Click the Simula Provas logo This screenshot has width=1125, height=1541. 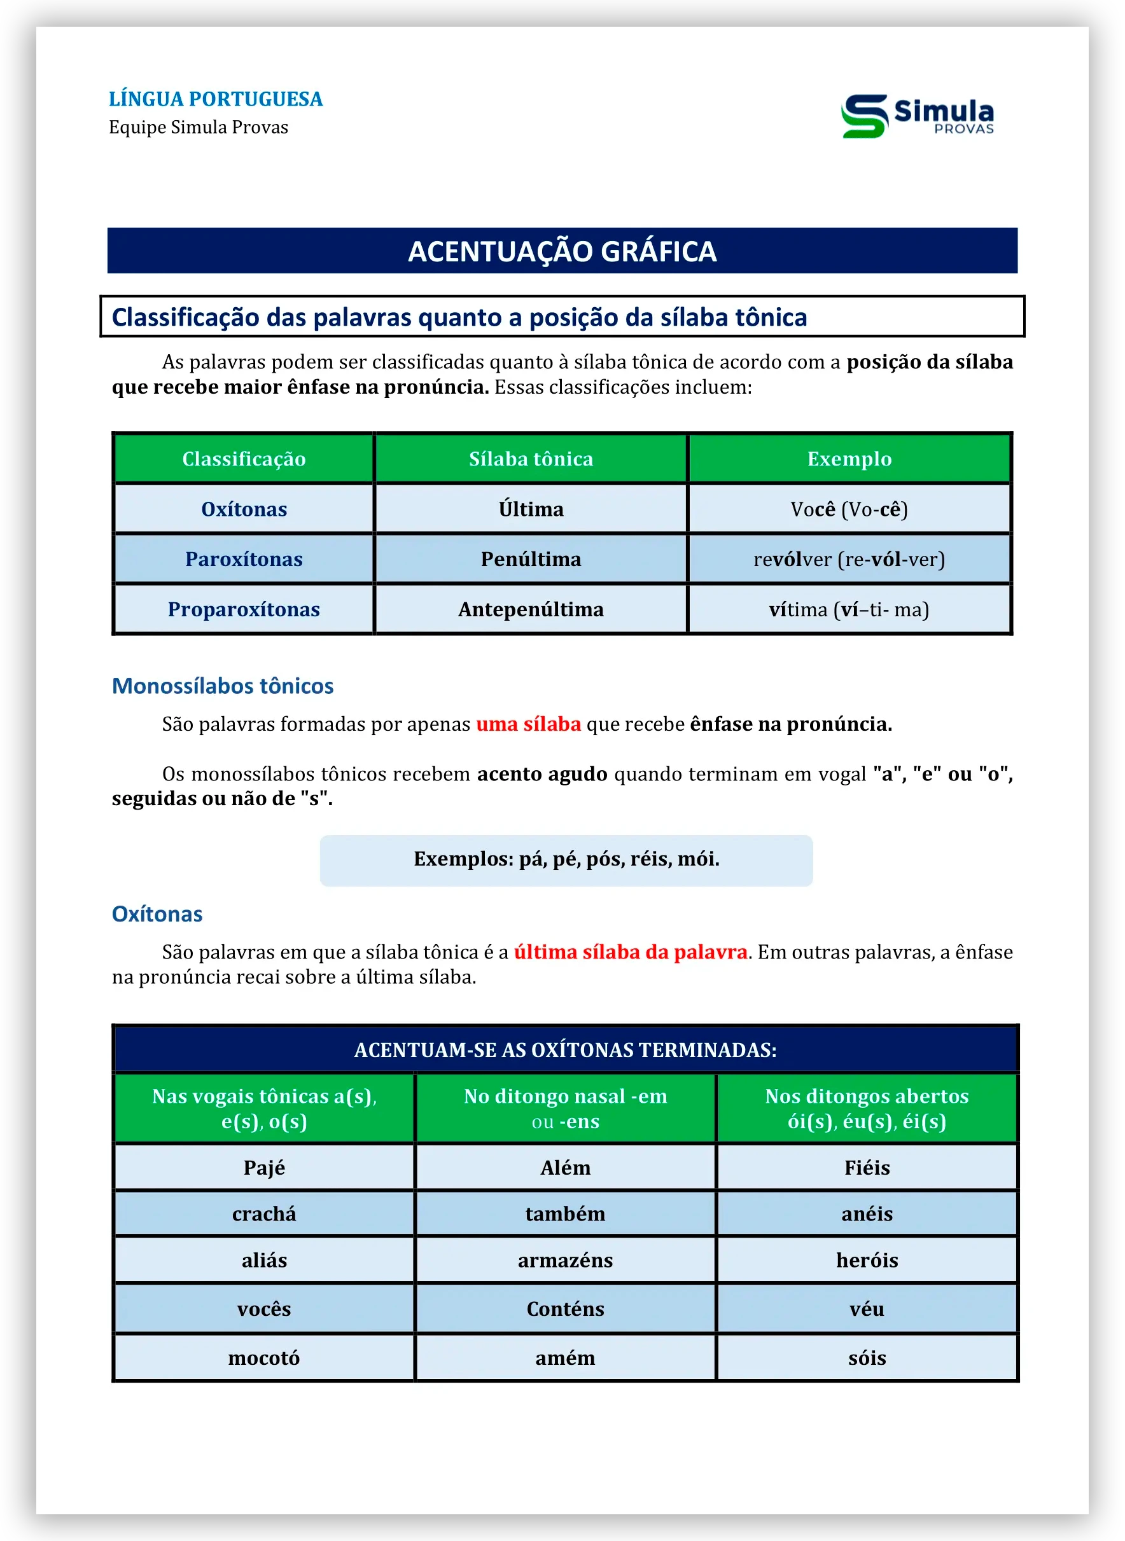(x=918, y=116)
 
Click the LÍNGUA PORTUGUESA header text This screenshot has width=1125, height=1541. (x=215, y=99)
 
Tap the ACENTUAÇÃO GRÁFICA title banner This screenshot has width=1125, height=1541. (x=562, y=251)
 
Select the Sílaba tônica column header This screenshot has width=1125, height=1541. (x=531, y=459)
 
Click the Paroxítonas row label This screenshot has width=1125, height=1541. (x=244, y=559)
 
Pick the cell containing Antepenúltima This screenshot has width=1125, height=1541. (x=531, y=609)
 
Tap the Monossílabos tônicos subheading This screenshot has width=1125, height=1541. (x=223, y=686)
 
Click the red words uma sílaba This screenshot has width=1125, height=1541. (x=528, y=724)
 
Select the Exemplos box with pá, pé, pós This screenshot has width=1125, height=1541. (x=566, y=860)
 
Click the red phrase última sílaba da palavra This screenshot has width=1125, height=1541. (x=630, y=951)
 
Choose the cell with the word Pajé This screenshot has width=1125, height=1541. (x=264, y=1167)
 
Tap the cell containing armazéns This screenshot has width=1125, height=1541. (x=565, y=1260)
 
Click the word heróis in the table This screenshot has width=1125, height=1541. (x=867, y=1260)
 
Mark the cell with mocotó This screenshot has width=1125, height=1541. (x=264, y=1358)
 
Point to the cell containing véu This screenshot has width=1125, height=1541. (x=867, y=1309)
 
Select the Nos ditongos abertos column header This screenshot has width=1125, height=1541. (x=867, y=1108)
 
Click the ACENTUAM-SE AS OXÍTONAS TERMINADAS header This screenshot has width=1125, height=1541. (x=565, y=1049)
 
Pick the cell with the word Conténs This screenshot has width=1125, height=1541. (x=565, y=1309)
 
